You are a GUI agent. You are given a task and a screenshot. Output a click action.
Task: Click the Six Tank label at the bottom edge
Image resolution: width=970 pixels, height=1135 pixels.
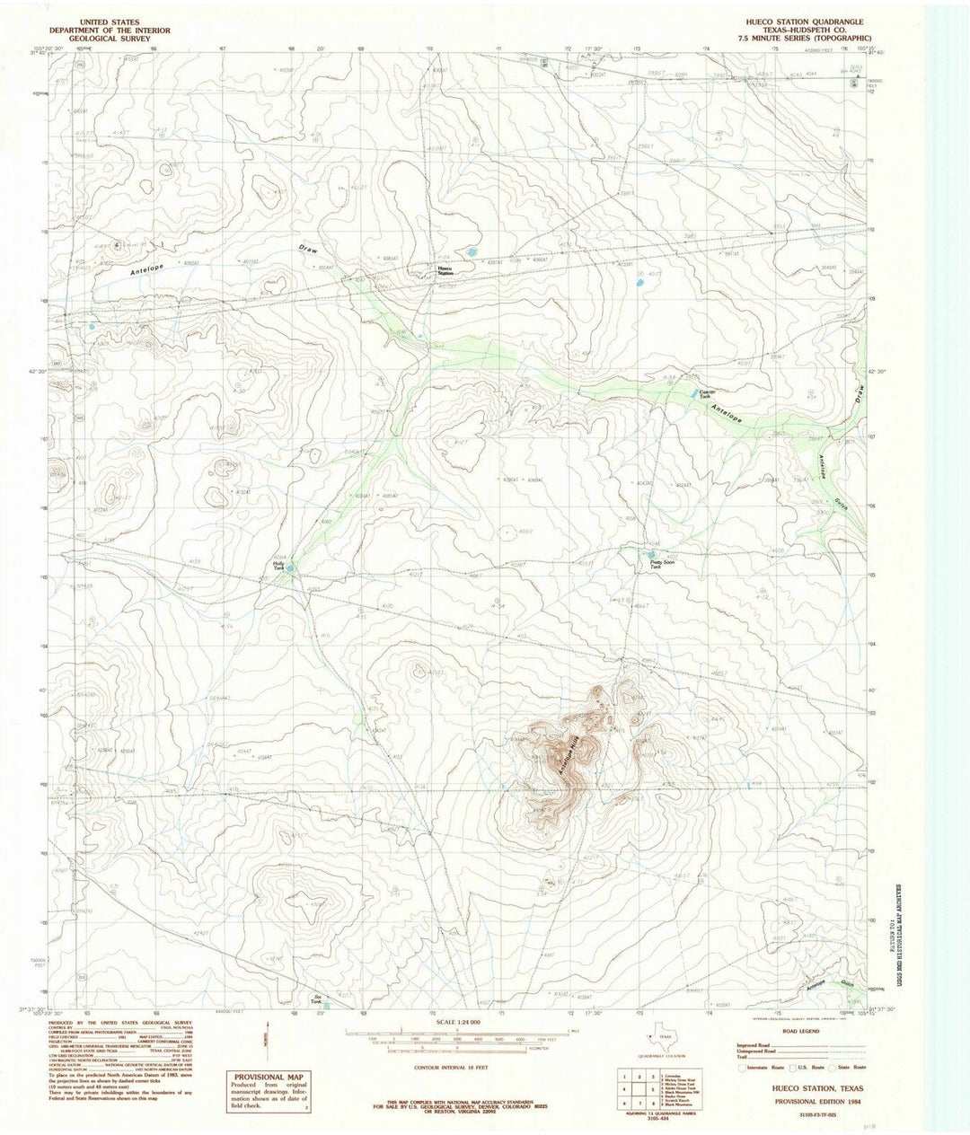pos(315,999)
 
